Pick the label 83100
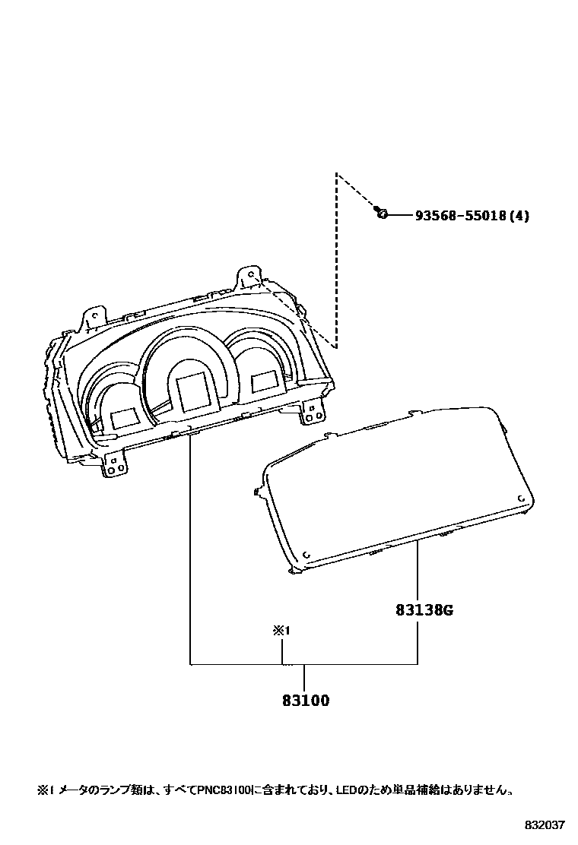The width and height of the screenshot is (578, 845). pyautogui.click(x=305, y=701)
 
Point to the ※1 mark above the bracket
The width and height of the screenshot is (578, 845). pyautogui.click(x=283, y=630)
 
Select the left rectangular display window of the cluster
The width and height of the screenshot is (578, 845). pyautogui.click(x=124, y=417)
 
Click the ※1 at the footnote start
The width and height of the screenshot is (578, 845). pyautogui.click(x=43, y=790)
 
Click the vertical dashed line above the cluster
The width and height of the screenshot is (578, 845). pyautogui.click(x=336, y=258)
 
